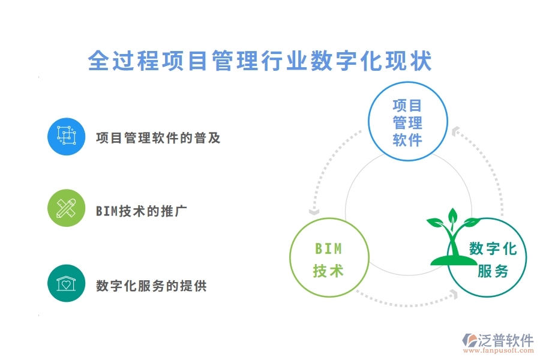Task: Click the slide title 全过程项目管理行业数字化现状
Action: [260, 61]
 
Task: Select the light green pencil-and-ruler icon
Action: [66, 208]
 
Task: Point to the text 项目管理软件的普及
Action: [158, 138]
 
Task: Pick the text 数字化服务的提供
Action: [151, 286]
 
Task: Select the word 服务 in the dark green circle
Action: [493, 271]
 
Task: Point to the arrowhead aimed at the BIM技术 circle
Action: [313, 211]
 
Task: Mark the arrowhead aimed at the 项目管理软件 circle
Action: [455, 130]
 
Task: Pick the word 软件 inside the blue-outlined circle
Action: [407, 140]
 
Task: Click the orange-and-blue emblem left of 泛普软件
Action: [468, 341]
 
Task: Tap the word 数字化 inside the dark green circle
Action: [493, 249]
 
